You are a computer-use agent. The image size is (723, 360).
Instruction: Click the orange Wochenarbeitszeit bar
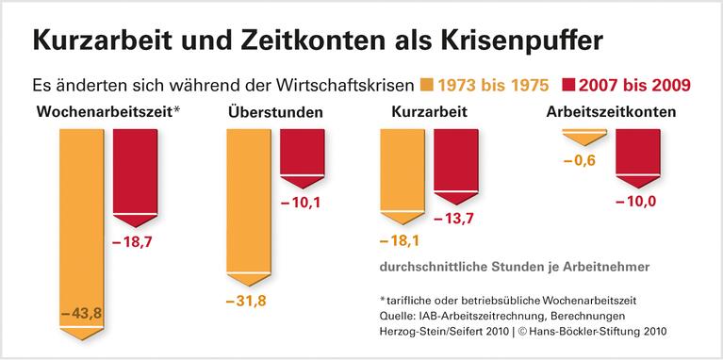[82, 217]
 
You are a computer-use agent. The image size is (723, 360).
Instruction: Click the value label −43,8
[82, 312]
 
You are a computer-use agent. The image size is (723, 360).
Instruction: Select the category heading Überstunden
[275, 114]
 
